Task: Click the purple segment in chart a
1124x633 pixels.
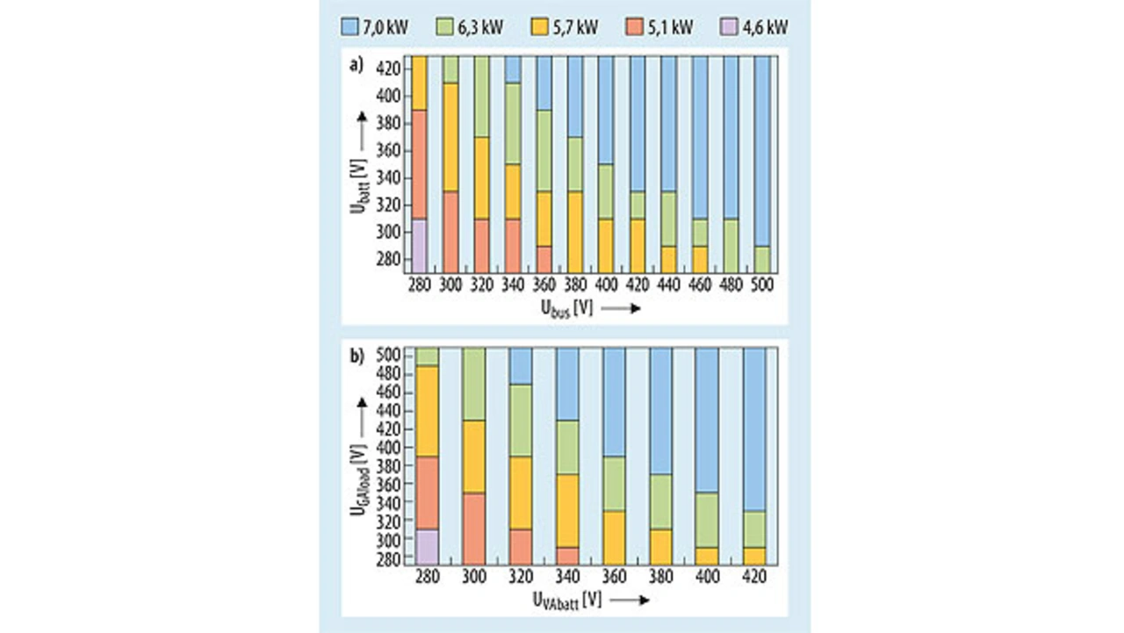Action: point(420,246)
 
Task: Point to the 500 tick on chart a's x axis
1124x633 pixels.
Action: point(762,285)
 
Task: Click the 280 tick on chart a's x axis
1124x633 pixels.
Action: point(420,285)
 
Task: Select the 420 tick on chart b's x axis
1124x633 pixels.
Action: point(753,577)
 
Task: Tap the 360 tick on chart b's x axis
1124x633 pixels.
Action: point(614,577)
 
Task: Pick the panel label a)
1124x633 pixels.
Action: point(356,65)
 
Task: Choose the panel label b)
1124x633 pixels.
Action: point(356,357)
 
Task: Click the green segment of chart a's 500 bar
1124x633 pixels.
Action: point(762,259)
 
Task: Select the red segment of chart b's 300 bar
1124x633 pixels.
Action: point(473,529)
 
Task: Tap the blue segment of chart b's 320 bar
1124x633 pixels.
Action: point(521,365)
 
